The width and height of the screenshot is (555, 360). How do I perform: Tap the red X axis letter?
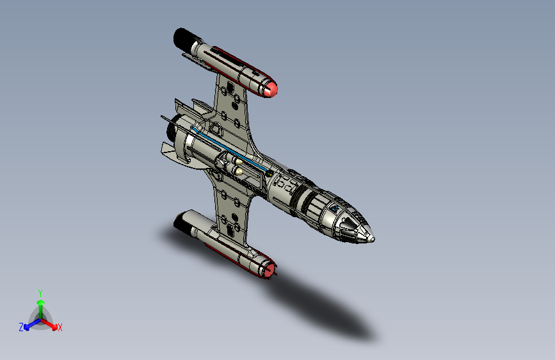[60, 327]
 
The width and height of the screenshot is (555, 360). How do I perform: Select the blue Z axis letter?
[21, 327]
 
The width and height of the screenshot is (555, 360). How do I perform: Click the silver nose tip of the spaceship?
[371, 238]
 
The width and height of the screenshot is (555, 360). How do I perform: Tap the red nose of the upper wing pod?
[272, 90]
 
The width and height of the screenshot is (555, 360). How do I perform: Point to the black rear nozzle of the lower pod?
[184, 222]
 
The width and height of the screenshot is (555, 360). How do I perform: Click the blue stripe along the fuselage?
[237, 154]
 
